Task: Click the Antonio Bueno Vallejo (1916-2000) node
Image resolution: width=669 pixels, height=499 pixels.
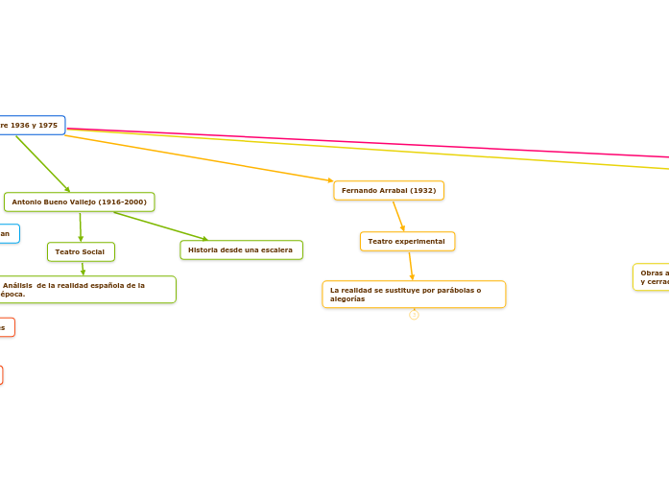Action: coord(80,202)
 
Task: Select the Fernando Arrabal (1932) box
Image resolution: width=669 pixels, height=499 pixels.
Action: coord(389,191)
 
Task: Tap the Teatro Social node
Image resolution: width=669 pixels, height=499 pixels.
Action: coord(81,251)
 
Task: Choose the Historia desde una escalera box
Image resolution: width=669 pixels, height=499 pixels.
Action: coord(241,250)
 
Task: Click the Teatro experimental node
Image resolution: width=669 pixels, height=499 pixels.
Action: coord(407,241)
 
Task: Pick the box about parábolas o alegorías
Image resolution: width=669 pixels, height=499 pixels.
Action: coord(414,295)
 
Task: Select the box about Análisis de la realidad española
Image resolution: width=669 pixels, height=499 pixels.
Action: coord(86,290)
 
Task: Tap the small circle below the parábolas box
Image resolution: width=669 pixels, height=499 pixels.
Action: coord(414,315)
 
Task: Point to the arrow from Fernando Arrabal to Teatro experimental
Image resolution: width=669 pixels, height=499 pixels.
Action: coord(398,215)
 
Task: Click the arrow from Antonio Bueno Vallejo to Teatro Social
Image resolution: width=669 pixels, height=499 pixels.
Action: coord(81,227)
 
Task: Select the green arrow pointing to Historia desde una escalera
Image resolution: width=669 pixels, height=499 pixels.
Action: coord(160,226)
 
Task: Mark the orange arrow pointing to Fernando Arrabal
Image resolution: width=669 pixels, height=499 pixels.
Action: coord(202,157)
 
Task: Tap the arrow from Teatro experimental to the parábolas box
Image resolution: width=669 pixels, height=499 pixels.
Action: coord(411,266)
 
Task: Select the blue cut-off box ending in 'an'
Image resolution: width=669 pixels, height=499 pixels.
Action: coord(8,233)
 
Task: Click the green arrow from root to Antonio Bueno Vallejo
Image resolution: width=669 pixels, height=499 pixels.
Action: coord(43,164)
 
